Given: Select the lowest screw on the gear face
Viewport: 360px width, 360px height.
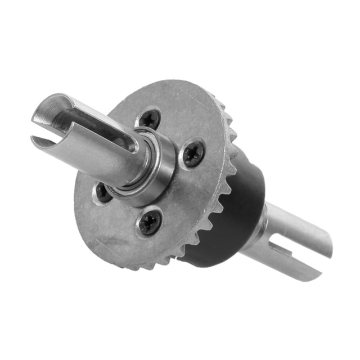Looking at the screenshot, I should [150, 222].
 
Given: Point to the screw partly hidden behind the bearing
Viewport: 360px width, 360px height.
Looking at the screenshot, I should [102, 191].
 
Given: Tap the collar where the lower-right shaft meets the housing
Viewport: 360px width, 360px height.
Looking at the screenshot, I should [260, 225].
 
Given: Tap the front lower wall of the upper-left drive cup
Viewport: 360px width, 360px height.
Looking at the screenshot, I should [84, 155].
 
